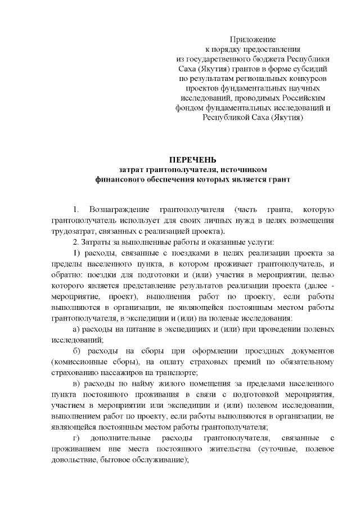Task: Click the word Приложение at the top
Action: [x=253, y=39]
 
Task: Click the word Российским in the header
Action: [x=305, y=98]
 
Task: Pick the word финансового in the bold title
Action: [x=118, y=180]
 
